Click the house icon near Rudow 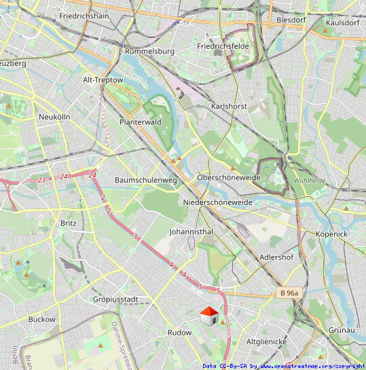click(209, 315)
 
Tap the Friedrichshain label click(85, 15)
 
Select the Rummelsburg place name click(150, 51)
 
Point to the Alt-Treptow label click(103, 79)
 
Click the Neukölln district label click(54, 117)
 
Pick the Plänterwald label click(140, 122)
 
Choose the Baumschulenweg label click(146, 180)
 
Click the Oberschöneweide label click(229, 177)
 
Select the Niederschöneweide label click(217, 202)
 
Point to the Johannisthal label click(191, 232)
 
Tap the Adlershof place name click(276, 258)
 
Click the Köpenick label click(331, 234)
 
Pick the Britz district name click(69, 223)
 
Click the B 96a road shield click(289, 293)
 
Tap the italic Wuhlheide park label click(310, 181)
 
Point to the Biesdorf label click(293, 20)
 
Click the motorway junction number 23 click(42, 180)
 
